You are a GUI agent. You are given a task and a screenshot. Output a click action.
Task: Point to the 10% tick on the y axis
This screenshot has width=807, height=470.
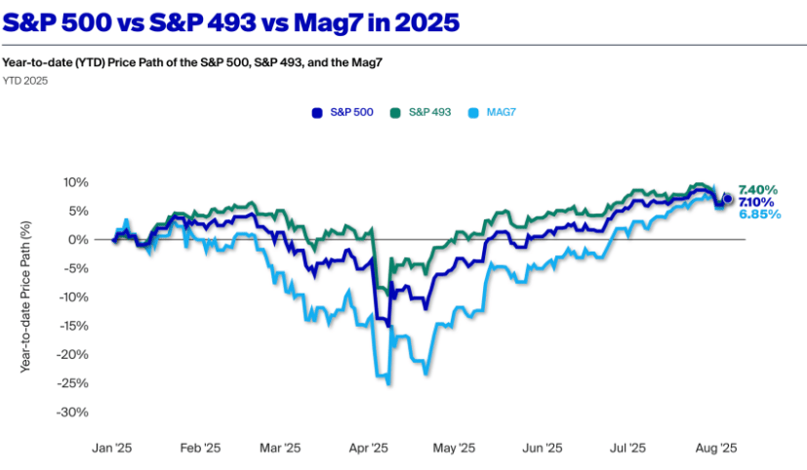75,182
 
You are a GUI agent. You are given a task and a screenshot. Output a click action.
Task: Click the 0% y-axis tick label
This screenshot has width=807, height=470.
79,240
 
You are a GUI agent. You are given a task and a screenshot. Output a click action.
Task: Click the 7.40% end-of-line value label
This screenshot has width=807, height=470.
757,188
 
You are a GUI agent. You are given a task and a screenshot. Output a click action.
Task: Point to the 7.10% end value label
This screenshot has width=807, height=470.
757,201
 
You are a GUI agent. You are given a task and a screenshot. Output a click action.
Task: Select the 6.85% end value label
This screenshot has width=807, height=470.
757,214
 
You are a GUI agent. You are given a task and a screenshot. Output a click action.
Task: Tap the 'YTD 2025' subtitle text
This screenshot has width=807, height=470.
24,81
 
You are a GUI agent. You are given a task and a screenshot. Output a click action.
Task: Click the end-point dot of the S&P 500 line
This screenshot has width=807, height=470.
727,199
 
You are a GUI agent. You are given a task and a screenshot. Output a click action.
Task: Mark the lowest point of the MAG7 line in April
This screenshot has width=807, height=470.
389,384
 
